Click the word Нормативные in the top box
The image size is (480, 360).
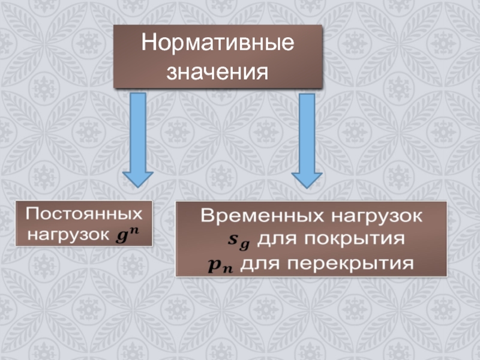218,44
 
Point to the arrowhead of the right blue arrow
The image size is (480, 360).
307,178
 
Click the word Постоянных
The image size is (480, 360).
84,214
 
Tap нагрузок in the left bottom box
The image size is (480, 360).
66,233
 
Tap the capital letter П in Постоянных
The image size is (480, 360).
31,214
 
